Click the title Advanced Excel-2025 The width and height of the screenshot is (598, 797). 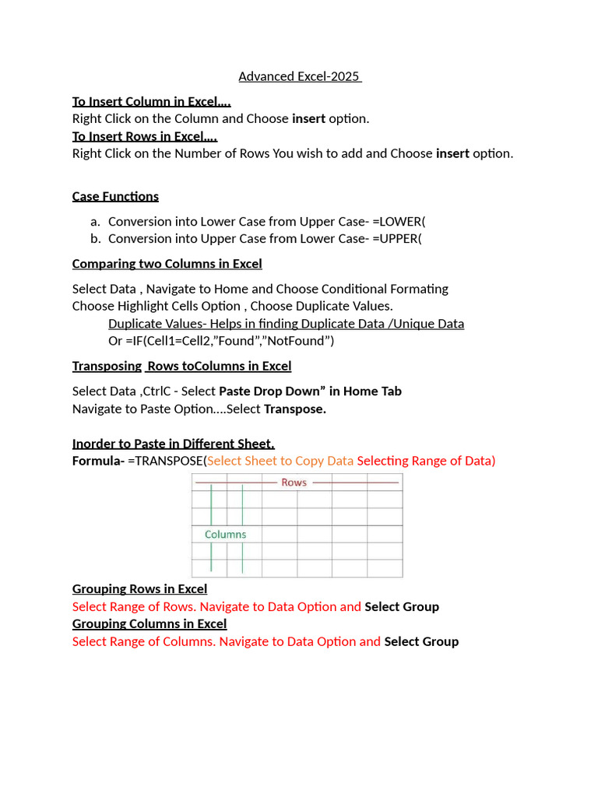300,76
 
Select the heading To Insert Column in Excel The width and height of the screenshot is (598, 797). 151,102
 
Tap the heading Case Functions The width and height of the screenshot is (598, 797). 115,196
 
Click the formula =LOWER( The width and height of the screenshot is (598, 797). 399,221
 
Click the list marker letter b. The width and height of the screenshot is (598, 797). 95,238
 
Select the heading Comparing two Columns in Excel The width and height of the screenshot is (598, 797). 167,264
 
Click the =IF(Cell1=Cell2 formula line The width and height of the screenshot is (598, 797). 221,341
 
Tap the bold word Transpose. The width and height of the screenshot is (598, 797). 295,409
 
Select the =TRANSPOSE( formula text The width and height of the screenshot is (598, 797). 167,461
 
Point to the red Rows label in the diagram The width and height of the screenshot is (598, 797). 294,483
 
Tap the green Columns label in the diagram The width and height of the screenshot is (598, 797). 225,535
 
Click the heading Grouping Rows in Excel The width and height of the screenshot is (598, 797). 139,589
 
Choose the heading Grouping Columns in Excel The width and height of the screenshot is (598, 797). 149,624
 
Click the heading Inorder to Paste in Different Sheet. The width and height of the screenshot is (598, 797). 173,444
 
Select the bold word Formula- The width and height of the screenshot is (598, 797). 98,461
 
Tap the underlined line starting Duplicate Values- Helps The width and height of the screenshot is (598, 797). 286,324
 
